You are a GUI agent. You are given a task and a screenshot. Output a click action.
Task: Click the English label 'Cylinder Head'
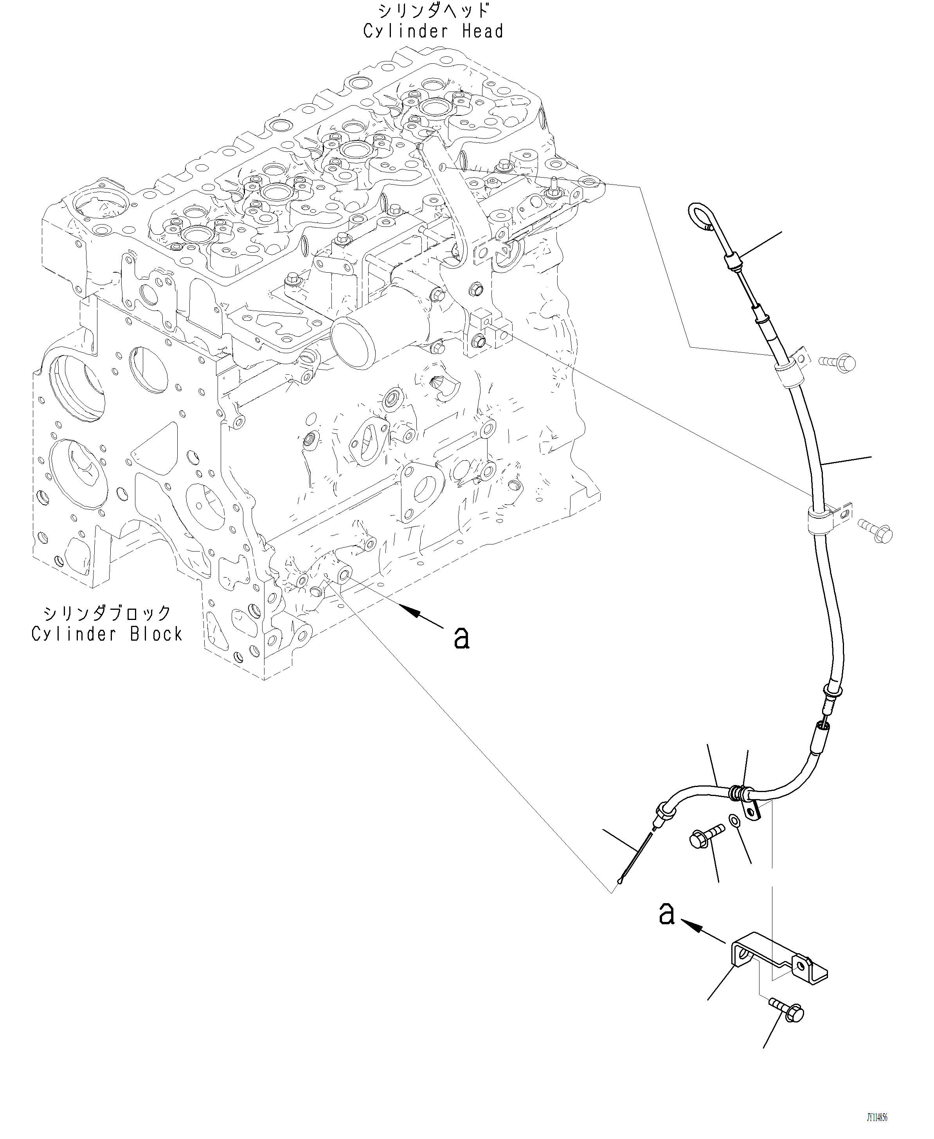coord(433,31)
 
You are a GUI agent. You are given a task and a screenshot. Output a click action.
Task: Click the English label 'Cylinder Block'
coord(107,634)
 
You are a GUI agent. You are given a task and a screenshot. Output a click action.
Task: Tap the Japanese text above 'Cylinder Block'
coord(107,613)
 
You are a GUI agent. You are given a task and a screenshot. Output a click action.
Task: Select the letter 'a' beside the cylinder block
coord(462,638)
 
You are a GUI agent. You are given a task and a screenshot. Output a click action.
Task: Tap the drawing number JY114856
coord(877,1117)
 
